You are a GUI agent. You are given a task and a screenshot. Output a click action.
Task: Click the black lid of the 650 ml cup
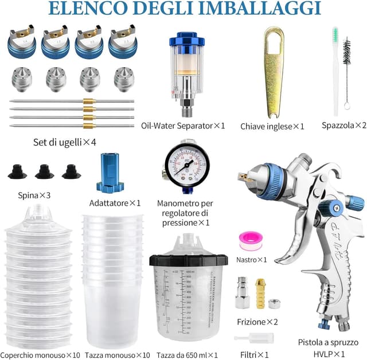click(x=188, y=259)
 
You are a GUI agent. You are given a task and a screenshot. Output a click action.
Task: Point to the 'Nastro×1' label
click(x=252, y=260)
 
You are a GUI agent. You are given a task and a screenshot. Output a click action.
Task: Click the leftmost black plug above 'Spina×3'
click(x=17, y=171)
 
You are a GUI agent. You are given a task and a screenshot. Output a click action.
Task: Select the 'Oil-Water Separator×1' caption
click(x=183, y=125)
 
